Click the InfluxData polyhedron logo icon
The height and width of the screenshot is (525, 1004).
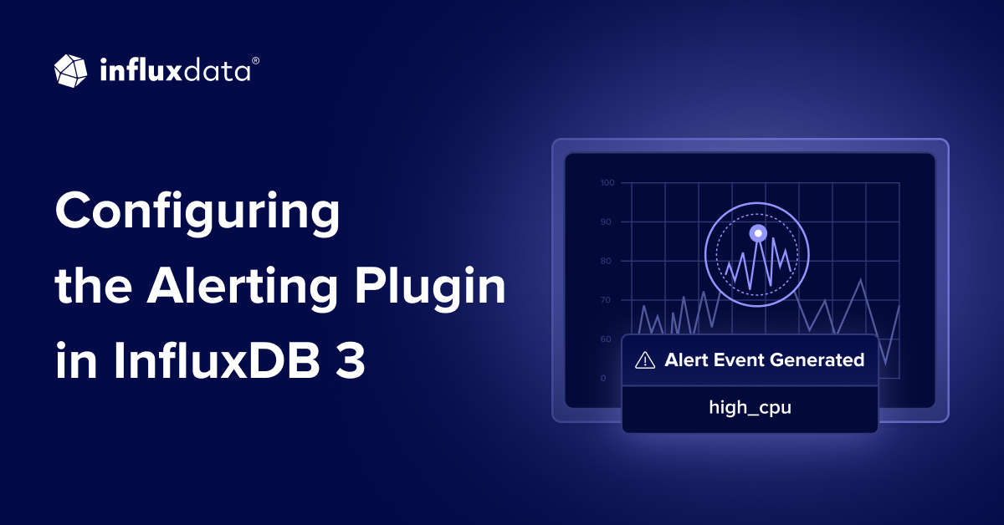[x=70, y=70]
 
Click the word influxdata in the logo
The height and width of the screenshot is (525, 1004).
[x=174, y=71]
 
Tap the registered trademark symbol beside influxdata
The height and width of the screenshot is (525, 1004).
[x=255, y=61]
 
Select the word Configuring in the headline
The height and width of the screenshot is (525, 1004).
[x=197, y=213]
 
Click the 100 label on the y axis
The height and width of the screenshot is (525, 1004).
[x=607, y=182]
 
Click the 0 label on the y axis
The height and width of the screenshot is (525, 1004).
[x=603, y=378]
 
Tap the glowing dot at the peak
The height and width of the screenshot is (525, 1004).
[x=757, y=232]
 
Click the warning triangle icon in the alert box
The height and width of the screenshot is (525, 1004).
[x=645, y=360]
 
